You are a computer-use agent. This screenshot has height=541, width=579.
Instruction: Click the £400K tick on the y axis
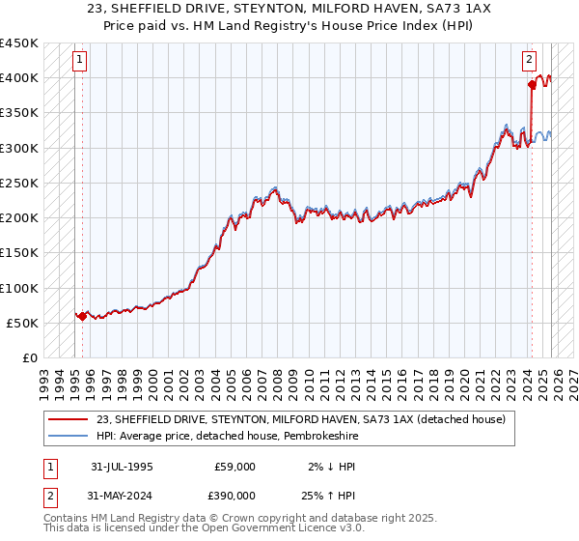coord(19,77)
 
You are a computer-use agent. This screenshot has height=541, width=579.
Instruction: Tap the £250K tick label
coord(19,183)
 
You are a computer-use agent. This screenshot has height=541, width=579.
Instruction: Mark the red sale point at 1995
coord(82,316)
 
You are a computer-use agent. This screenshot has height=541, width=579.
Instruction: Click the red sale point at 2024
coord(532,84)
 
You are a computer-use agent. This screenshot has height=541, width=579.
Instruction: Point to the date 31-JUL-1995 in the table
coord(122,467)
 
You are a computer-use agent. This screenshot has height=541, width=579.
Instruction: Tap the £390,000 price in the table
coord(234,496)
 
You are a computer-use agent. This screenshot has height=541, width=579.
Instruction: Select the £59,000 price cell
coord(234,467)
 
